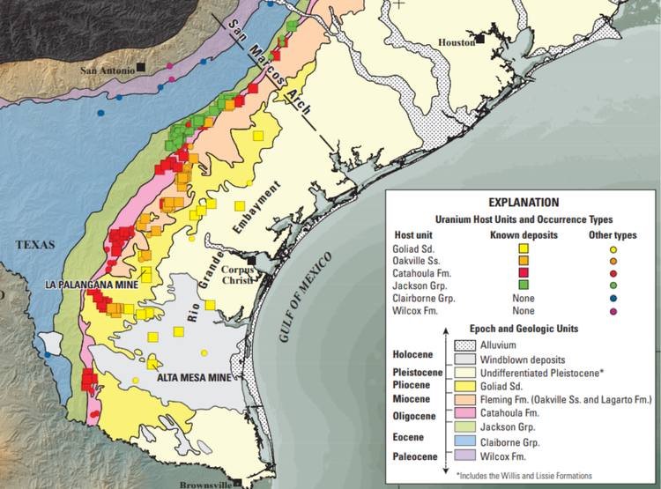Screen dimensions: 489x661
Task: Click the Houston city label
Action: [457, 41]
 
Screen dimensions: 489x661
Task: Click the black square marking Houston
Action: [482, 40]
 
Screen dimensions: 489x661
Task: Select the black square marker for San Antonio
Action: [141, 67]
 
